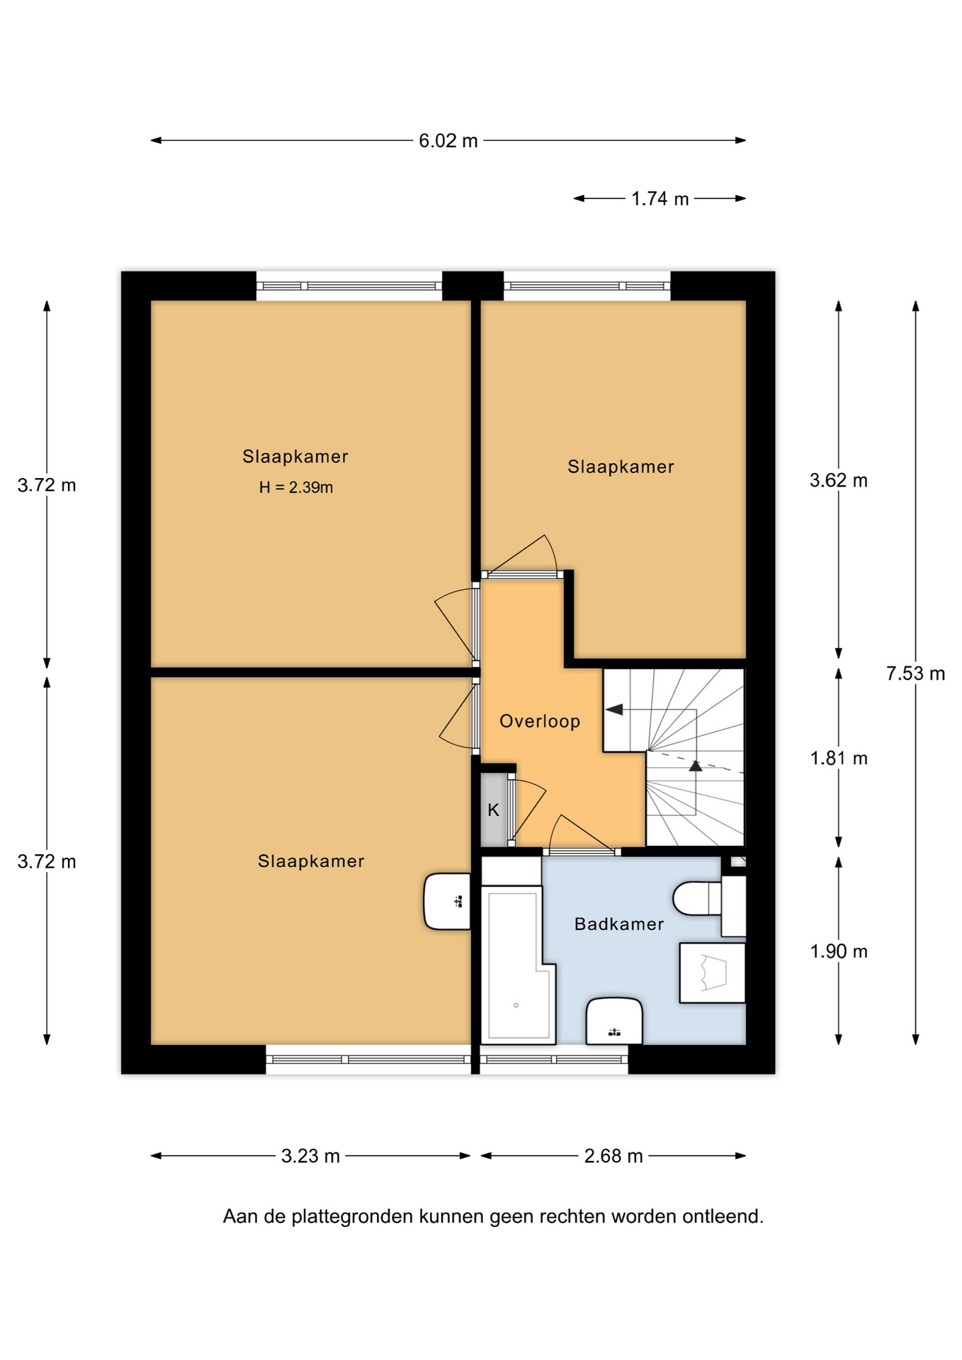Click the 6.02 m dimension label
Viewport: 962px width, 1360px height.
click(x=448, y=141)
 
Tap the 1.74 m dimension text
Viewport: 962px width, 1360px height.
click(x=660, y=199)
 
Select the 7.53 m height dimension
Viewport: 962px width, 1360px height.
click(x=915, y=674)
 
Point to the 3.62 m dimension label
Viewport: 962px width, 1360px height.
click(x=838, y=481)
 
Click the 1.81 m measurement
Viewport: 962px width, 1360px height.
click(x=838, y=759)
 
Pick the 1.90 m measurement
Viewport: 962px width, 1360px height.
click(x=838, y=951)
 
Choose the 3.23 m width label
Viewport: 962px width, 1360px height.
click(x=310, y=1156)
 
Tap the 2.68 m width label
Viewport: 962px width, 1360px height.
click(x=613, y=1156)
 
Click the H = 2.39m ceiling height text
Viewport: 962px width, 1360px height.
click(x=296, y=487)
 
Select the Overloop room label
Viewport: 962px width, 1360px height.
click(x=540, y=721)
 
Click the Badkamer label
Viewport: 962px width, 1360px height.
click(x=619, y=924)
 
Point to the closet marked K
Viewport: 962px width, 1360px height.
click(x=494, y=810)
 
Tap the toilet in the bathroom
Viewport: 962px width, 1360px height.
click(x=697, y=898)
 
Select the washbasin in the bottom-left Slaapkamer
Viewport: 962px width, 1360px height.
click(x=447, y=902)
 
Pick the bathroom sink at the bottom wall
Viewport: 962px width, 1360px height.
click(x=614, y=1021)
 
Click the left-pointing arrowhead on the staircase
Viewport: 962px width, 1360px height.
click(x=613, y=710)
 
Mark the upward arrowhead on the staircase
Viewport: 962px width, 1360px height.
click(x=696, y=765)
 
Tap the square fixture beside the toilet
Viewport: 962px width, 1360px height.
click(x=712, y=973)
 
